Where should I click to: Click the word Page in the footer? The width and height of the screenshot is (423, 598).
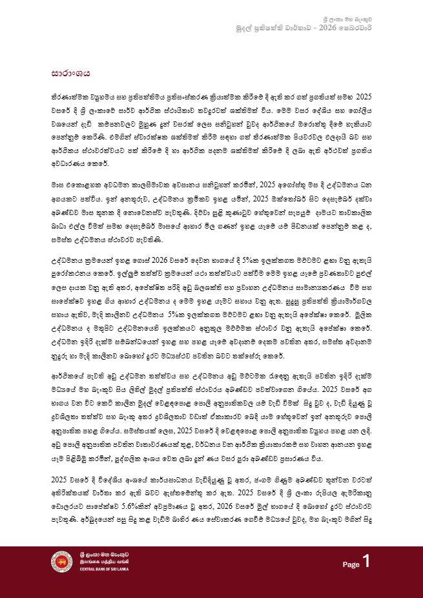tap(351, 564)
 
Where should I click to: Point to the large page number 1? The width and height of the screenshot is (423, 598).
tap(366, 562)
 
